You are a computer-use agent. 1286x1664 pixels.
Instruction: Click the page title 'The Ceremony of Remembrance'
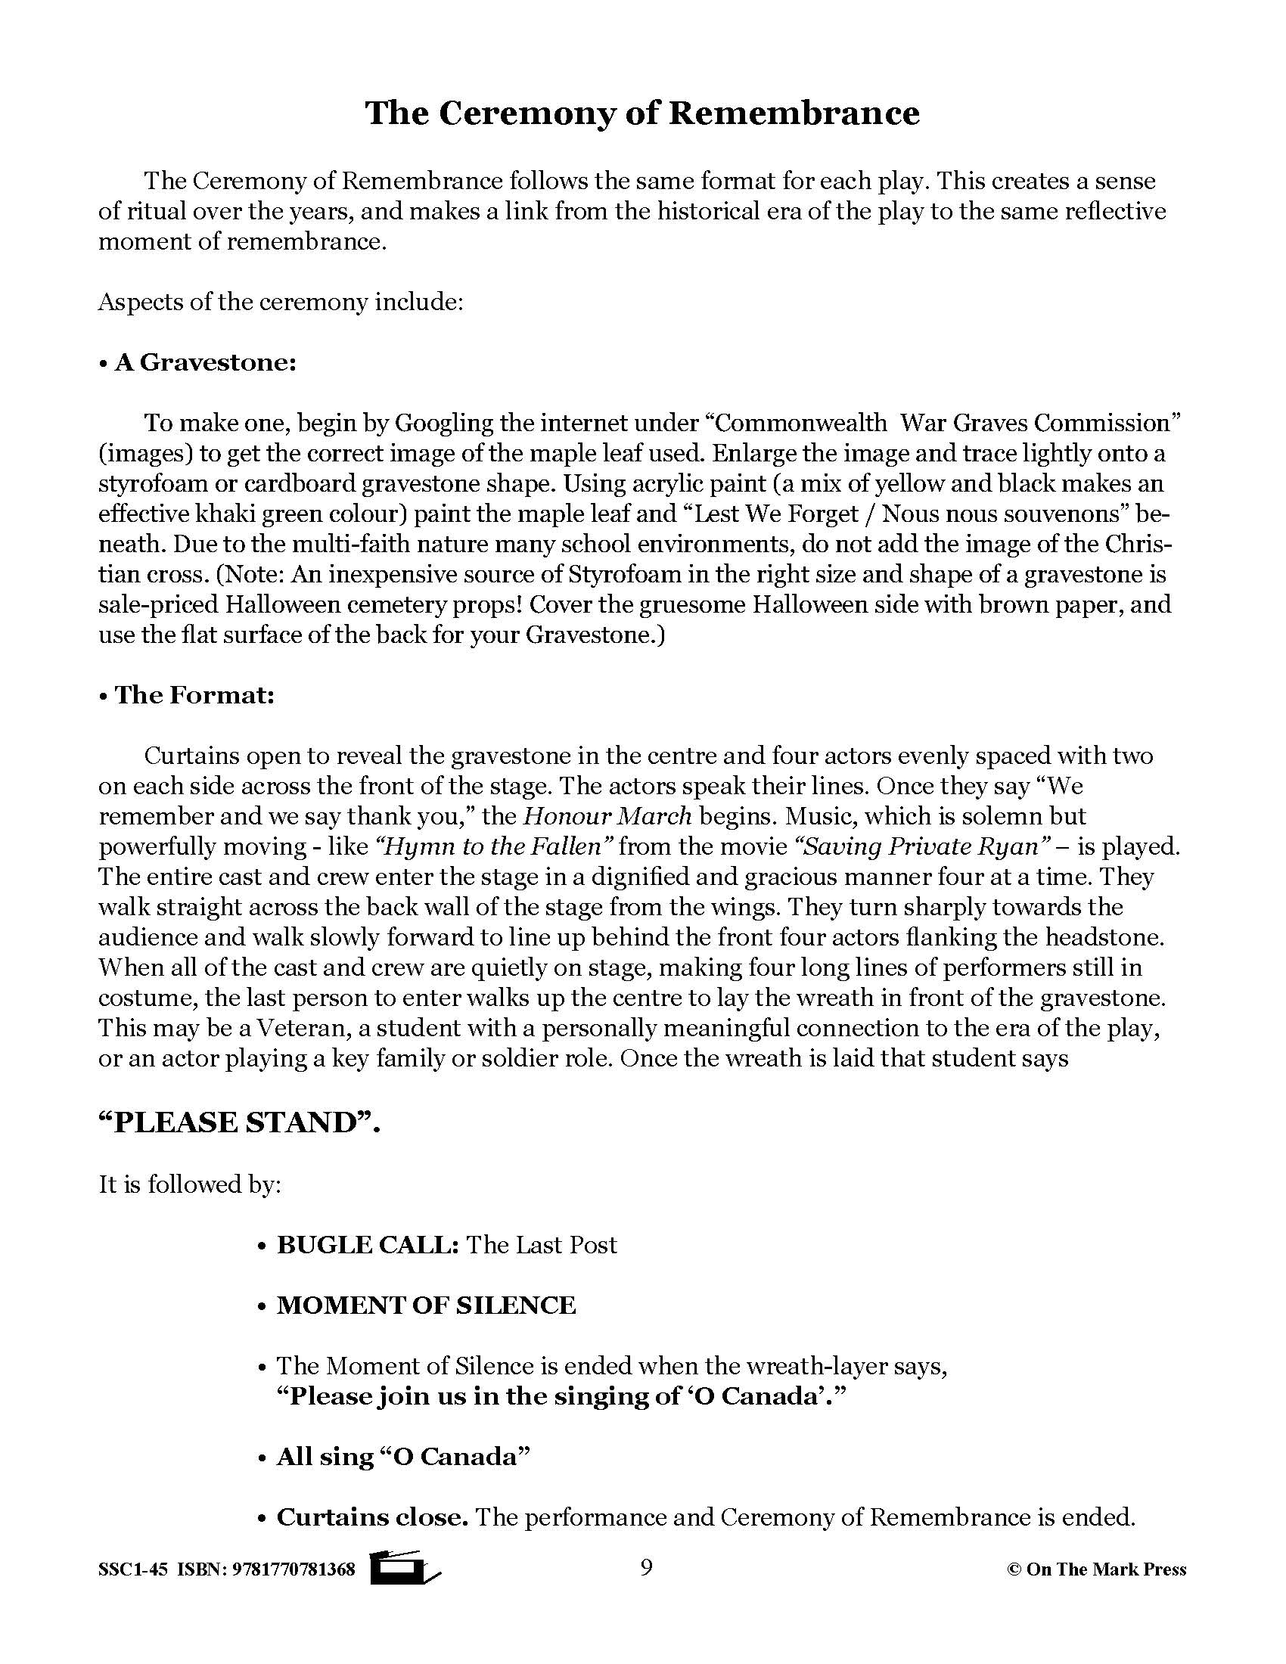pyautogui.click(x=642, y=113)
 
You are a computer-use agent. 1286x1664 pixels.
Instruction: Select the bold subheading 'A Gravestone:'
pyautogui.click(x=205, y=362)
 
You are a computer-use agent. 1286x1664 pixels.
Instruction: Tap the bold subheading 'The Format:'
pyautogui.click(x=194, y=695)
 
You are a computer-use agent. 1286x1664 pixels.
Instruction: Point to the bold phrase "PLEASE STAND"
pyautogui.click(x=235, y=1123)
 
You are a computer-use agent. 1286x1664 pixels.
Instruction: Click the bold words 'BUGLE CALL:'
pyautogui.click(x=367, y=1245)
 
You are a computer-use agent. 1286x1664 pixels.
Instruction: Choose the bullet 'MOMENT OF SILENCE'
pyautogui.click(x=425, y=1305)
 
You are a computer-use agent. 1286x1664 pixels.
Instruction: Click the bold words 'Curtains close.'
pyautogui.click(x=371, y=1517)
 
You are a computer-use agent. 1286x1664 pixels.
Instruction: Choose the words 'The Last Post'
pyautogui.click(x=541, y=1245)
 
